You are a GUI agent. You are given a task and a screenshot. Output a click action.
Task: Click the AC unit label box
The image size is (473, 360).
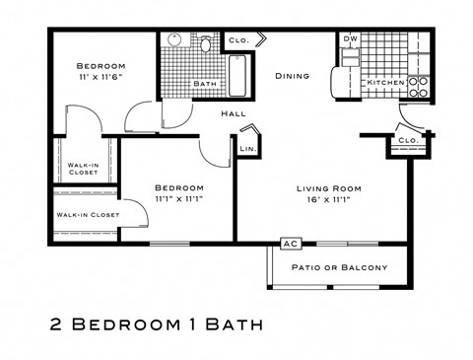(291, 244)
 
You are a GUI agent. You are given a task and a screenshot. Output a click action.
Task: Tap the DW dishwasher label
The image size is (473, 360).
(351, 39)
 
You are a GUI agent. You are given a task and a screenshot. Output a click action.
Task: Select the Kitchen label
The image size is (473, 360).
(384, 83)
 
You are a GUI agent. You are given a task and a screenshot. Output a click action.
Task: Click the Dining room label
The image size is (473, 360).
(292, 76)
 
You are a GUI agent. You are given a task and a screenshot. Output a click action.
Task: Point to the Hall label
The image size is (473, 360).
(233, 113)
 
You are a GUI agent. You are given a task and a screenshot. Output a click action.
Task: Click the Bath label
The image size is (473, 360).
(204, 84)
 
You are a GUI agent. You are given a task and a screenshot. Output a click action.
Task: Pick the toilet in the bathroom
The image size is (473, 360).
(207, 44)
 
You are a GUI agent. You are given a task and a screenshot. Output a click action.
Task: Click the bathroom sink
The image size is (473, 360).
(173, 41)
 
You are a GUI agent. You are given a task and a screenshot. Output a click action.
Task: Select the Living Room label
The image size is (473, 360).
(329, 188)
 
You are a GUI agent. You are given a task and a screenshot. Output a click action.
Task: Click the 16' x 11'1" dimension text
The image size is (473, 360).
(329, 200)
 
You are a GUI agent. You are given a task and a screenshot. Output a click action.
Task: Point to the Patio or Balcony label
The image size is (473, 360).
(338, 267)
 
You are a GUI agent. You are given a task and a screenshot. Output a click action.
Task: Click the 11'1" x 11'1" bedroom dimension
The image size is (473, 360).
(179, 200)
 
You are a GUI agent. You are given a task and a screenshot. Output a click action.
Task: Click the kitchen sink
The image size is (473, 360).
(351, 56)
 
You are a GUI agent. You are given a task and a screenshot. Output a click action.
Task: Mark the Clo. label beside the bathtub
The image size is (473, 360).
(237, 40)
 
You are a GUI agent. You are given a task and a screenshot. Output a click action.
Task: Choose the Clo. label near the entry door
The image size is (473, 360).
(407, 141)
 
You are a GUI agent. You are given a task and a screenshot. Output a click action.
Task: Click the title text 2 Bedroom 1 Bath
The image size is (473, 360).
(158, 324)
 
